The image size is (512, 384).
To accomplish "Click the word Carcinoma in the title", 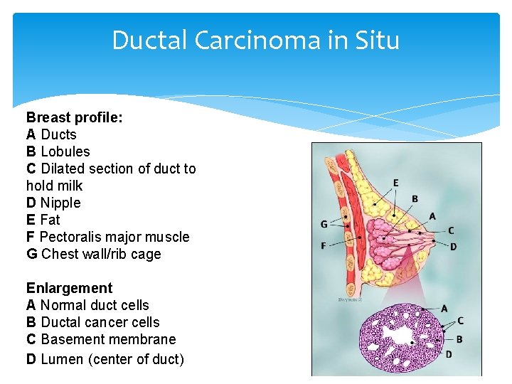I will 252,41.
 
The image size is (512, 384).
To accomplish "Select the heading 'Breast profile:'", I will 75,117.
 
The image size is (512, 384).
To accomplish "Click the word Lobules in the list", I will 65,151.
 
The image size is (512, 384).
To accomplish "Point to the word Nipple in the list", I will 60,203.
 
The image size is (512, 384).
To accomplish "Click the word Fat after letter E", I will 50,220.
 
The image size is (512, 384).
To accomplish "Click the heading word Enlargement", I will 69,288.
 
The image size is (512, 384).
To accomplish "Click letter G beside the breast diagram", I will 324,224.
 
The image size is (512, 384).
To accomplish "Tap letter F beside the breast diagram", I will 324,246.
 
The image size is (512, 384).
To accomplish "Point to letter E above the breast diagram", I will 395,183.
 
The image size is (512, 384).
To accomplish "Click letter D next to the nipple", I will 453,247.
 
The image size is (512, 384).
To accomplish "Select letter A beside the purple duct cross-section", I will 444,308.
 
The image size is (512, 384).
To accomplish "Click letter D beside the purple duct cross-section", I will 449,353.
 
